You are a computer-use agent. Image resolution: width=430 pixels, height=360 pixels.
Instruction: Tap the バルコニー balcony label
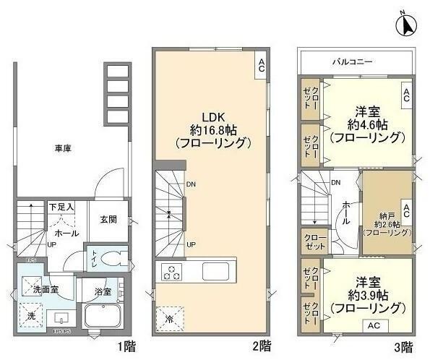(353, 63)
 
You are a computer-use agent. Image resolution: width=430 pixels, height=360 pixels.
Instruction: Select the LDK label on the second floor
(212, 118)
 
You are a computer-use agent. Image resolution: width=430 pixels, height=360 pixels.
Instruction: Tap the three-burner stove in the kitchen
(171, 273)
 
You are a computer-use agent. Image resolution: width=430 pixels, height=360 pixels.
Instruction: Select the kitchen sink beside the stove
(215, 272)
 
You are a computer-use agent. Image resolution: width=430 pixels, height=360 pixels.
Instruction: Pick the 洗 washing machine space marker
(31, 316)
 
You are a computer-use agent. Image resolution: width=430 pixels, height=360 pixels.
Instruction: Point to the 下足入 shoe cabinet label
(61, 207)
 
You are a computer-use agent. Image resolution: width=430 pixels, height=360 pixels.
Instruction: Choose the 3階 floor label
(405, 346)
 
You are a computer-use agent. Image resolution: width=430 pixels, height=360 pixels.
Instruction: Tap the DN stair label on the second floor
(190, 184)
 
